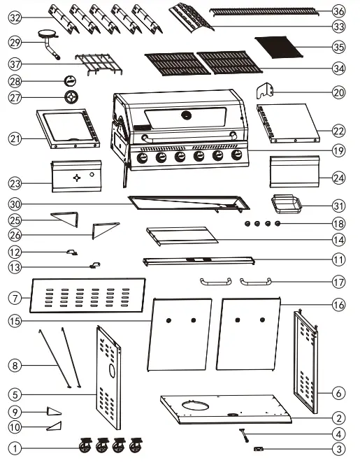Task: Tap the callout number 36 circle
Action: (338, 11)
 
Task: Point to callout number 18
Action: (338, 224)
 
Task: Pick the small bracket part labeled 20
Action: (265, 90)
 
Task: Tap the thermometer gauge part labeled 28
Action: (71, 80)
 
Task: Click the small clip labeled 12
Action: (71, 252)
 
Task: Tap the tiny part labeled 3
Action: (259, 449)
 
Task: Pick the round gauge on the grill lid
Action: (186, 115)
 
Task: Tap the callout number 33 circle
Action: (338, 27)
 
